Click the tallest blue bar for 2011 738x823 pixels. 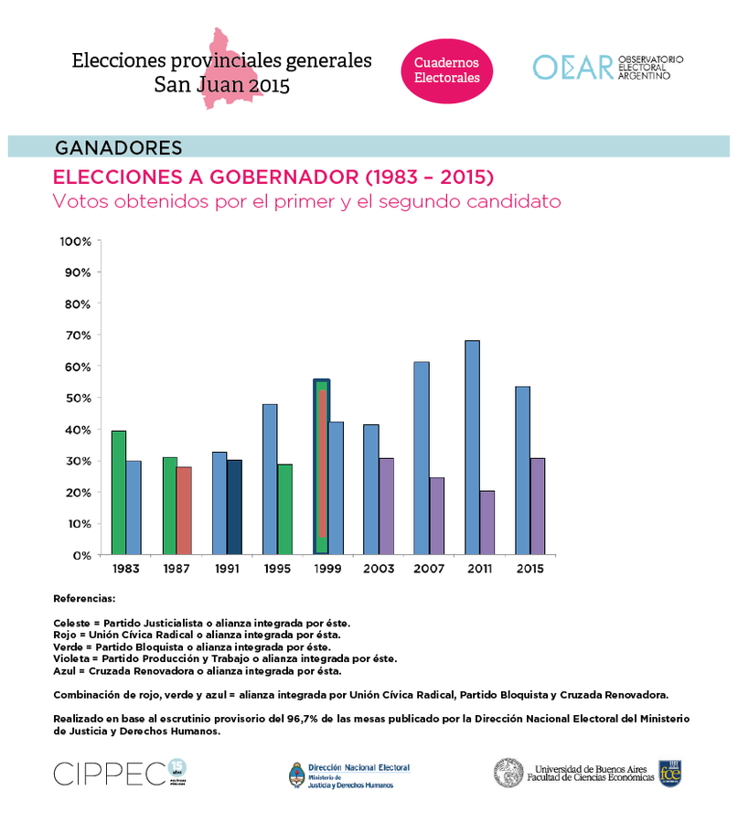click(x=472, y=447)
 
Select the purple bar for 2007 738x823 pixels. click(x=436, y=516)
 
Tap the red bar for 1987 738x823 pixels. click(x=184, y=510)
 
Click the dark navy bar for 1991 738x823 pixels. click(x=235, y=507)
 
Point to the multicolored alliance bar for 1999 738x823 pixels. click(x=321, y=466)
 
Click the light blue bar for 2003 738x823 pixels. click(x=370, y=489)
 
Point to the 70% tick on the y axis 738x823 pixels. click(x=77, y=336)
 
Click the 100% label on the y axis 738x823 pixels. click(x=75, y=241)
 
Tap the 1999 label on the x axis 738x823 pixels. click(x=327, y=569)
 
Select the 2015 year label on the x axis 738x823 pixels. click(x=529, y=569)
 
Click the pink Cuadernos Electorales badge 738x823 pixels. click(x=447, y=70)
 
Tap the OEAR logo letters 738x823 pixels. click(x=572, y=68)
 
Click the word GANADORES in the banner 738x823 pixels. click(x=119, y=147)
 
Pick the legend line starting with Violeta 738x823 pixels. click(x=225, y=658)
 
